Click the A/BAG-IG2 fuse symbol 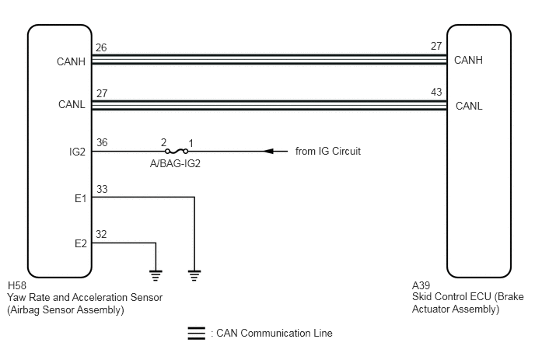pos(177,151)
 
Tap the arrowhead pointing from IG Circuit pos(269,151)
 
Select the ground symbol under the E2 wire pos(156,275)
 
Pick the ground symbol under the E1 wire pos(194,275)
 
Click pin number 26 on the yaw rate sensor pos(101,47)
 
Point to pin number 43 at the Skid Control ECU pos(436,92)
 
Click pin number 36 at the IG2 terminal pos(102,142)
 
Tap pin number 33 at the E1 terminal pos(102,189)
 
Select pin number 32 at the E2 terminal pos(101,234)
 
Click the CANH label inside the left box pos(71,61)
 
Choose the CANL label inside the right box pos(469,106)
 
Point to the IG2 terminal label pos(77,152)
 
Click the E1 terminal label pos(81,198)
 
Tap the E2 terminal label pos(81,243)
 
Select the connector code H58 pos(17,285)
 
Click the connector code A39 pos(421,285)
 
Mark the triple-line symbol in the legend pos(197,334)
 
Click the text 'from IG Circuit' pos(328,151)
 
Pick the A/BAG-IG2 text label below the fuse pos(175,164)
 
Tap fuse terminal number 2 pos(164,142)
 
